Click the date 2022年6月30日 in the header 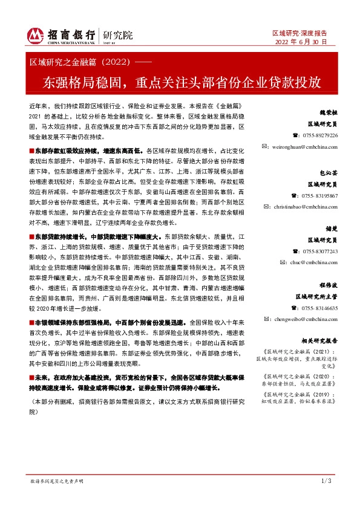tap(301, 42)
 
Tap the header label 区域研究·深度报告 tap(300, 33)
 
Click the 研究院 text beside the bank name tap(118, 35)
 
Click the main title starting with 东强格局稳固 tap(180, 82)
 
